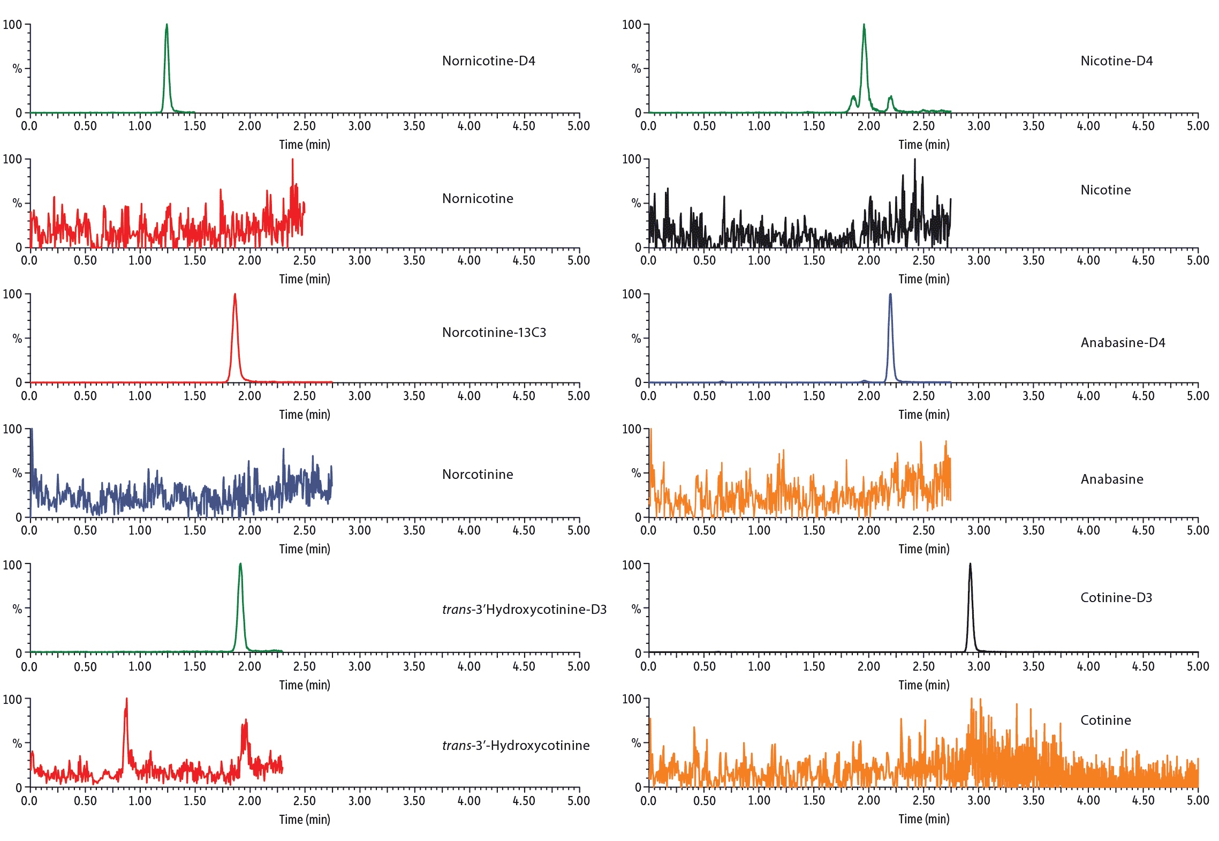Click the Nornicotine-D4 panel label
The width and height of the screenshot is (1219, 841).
point(488,61)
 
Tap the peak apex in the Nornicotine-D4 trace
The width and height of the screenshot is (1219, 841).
point(166,25)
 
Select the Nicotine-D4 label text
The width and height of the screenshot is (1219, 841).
point(1116,61)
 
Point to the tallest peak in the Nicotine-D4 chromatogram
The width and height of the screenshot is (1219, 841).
point(864,25)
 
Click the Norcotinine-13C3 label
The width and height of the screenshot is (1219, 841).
point(494,333)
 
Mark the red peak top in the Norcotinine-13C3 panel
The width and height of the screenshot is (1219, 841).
point(234,295)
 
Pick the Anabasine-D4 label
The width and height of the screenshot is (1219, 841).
point(1123,343)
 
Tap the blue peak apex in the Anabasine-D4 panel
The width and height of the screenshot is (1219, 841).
point(890,295)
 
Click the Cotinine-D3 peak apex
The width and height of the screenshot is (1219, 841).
point(970,565)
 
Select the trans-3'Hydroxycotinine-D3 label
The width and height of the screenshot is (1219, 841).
point(524,610)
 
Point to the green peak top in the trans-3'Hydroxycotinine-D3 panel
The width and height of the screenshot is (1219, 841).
point(240,565)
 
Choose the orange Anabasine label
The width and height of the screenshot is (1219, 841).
point(1111,479)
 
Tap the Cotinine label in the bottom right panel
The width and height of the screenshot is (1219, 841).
point(1106,720)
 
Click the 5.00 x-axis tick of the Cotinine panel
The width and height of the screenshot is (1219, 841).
point(1198,800)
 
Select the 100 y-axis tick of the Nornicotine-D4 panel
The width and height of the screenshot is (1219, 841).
point(12,25)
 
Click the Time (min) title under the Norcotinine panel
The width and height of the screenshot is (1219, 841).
point(304,549)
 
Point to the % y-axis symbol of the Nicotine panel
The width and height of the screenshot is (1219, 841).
point(636,203)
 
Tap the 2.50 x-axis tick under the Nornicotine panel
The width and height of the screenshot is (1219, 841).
point(304,260)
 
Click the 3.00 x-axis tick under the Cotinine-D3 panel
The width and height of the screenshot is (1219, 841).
point(978,666)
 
